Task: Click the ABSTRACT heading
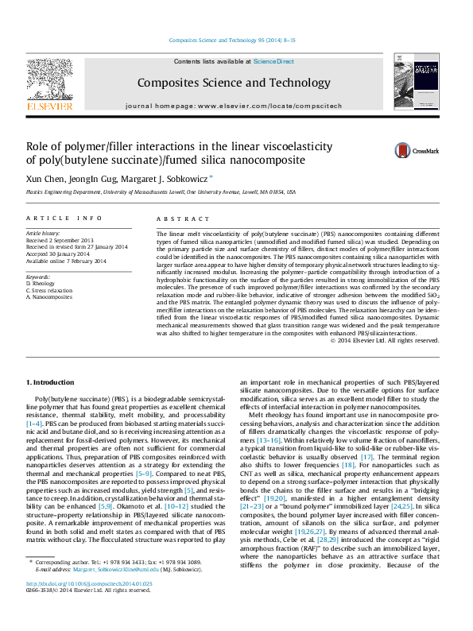coord(176,217)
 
